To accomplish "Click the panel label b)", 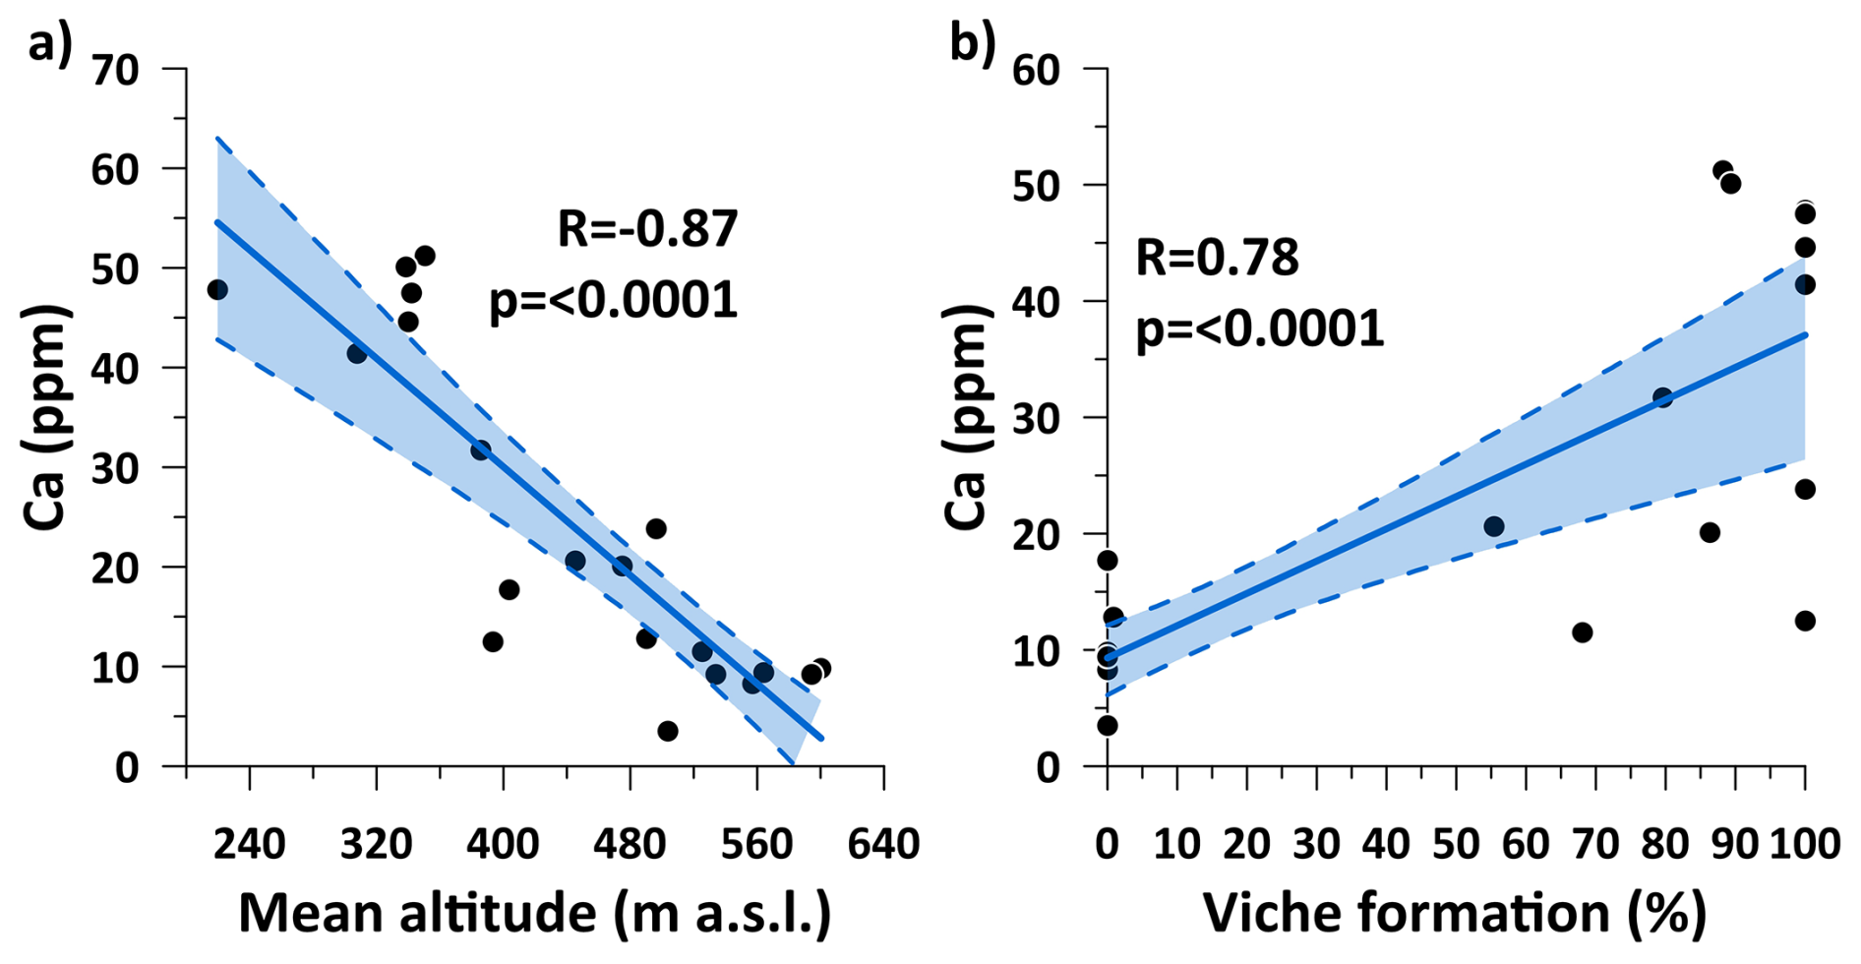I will pyautogui.click(x=972, y=44).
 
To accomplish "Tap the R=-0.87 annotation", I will pyautogui.click(x=647, y=228).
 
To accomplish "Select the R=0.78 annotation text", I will pyautogui.click(x=1217, y=258).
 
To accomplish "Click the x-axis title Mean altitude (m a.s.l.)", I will pyautogui.click(x=534, y=913).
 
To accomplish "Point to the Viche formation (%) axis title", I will pyautogui.click(x=1455, y=913).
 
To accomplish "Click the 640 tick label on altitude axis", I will pyautogui.click(x=882, y=844).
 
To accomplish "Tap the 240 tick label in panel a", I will pyautogui.click(x=250, y=844).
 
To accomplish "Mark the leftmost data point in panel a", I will pyautogui.click(x=217, y=289).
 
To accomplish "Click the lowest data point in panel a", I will pyautogui.click(x=668, y=731).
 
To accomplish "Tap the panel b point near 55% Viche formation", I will pyautogui.click(x=1493, y=526).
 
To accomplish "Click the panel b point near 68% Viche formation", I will pyautogui.click(x=1582, y=632).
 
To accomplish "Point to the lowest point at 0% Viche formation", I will pyautogui.click(x=1107, y=725).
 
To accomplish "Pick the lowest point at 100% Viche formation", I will pyautogui.click(x=1805, y=621).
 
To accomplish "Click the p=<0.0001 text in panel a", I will pyautogui.click(x=613, y=300).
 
